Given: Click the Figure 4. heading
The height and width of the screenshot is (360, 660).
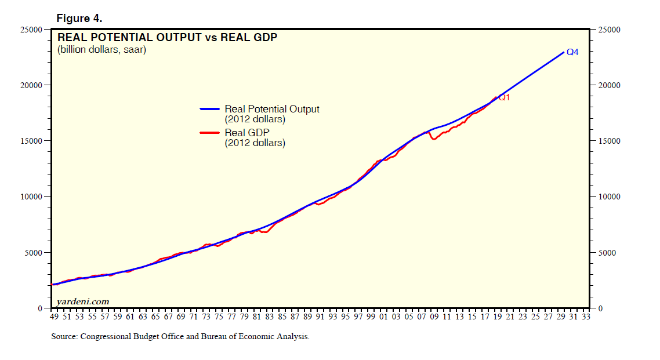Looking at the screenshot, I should [79, 19].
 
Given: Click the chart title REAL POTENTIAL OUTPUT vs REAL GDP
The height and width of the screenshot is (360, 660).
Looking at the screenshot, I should [167, 38].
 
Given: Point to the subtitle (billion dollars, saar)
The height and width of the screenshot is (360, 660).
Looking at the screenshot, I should [101, 50].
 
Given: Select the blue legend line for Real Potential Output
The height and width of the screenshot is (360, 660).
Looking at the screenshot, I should [210, 109].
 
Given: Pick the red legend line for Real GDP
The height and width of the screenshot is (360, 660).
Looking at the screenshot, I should [210, 133].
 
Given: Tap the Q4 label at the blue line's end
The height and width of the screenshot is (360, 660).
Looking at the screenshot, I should [572, 52].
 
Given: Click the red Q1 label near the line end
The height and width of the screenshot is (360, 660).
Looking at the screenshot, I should [504, 97].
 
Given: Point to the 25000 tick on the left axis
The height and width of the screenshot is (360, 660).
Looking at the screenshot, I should [38, 30].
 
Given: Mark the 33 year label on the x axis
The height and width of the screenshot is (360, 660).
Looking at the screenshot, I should [586, 318].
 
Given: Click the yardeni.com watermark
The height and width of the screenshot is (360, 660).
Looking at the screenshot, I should [82, 301].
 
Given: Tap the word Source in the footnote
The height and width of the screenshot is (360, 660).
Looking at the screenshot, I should [64, 336].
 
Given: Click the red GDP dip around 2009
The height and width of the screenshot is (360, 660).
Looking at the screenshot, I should [434, 139].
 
